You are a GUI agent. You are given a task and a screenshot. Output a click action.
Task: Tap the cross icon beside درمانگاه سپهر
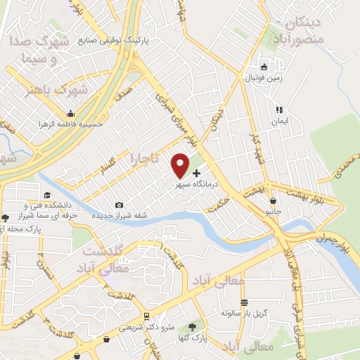click(x=196, y=173)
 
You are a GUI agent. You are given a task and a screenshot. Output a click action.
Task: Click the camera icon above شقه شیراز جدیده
click(x=118, y=205)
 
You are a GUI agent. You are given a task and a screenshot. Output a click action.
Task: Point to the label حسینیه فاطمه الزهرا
click(x=71, y=124)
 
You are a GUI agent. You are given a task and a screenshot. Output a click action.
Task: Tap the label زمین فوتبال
click(x=264, y=78)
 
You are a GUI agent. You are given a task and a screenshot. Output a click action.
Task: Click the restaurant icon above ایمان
click(x=280, y=110)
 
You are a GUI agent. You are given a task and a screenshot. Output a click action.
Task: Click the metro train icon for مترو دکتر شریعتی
click(x=146, y=316)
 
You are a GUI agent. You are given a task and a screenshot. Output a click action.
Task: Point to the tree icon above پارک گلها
click(x=192, y=327)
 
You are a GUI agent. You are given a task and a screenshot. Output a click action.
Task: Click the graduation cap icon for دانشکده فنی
click(x=47, y=195)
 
